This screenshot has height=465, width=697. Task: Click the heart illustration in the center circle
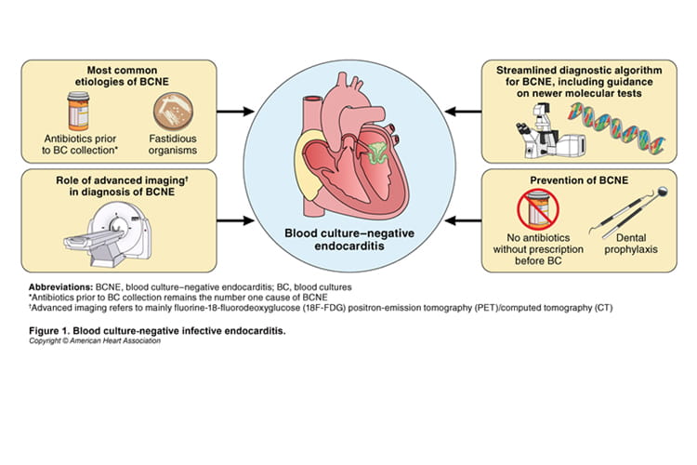tap(348, 153)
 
